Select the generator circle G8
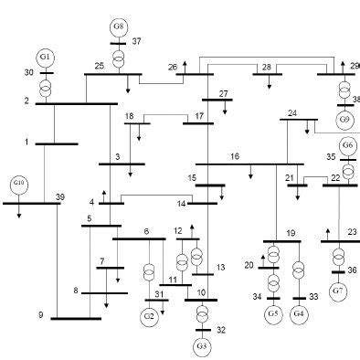tap(119, 26)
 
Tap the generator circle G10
tap(20, 185)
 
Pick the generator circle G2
tap(150, 316)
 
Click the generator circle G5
tap(273, 314)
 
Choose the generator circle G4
tap(299, 314)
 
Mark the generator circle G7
tap(339, 291)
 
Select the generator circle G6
tap(347, 146)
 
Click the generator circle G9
tap(344, 119)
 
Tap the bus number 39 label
tap(60, 197)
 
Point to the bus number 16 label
tap(235, 157)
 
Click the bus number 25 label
tap(99, 66)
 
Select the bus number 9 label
tap(41, 315)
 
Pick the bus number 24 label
tap(292, 112)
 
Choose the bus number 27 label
tap(225, 93)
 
